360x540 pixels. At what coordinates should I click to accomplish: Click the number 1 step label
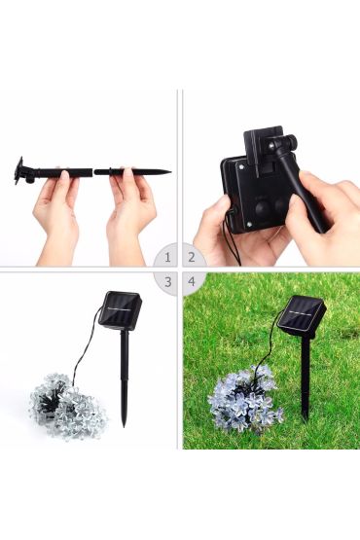click(167, 257)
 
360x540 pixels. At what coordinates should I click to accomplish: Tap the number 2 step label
click(192, 257)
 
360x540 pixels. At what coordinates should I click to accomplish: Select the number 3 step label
click(167, 282)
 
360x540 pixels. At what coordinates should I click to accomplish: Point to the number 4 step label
click(192, 282)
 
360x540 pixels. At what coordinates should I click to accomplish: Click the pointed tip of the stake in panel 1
click(170, 171)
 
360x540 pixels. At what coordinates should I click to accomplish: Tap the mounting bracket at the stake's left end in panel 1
click(21, 170)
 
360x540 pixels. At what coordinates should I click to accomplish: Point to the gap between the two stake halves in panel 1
click(93, 171)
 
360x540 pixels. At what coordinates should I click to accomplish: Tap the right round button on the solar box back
click(281, 204)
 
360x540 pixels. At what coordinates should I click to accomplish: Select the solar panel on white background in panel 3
click(121, 310)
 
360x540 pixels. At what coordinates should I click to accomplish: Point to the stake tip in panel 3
click(124, 425)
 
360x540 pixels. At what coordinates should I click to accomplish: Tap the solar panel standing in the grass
click(304, 316)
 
